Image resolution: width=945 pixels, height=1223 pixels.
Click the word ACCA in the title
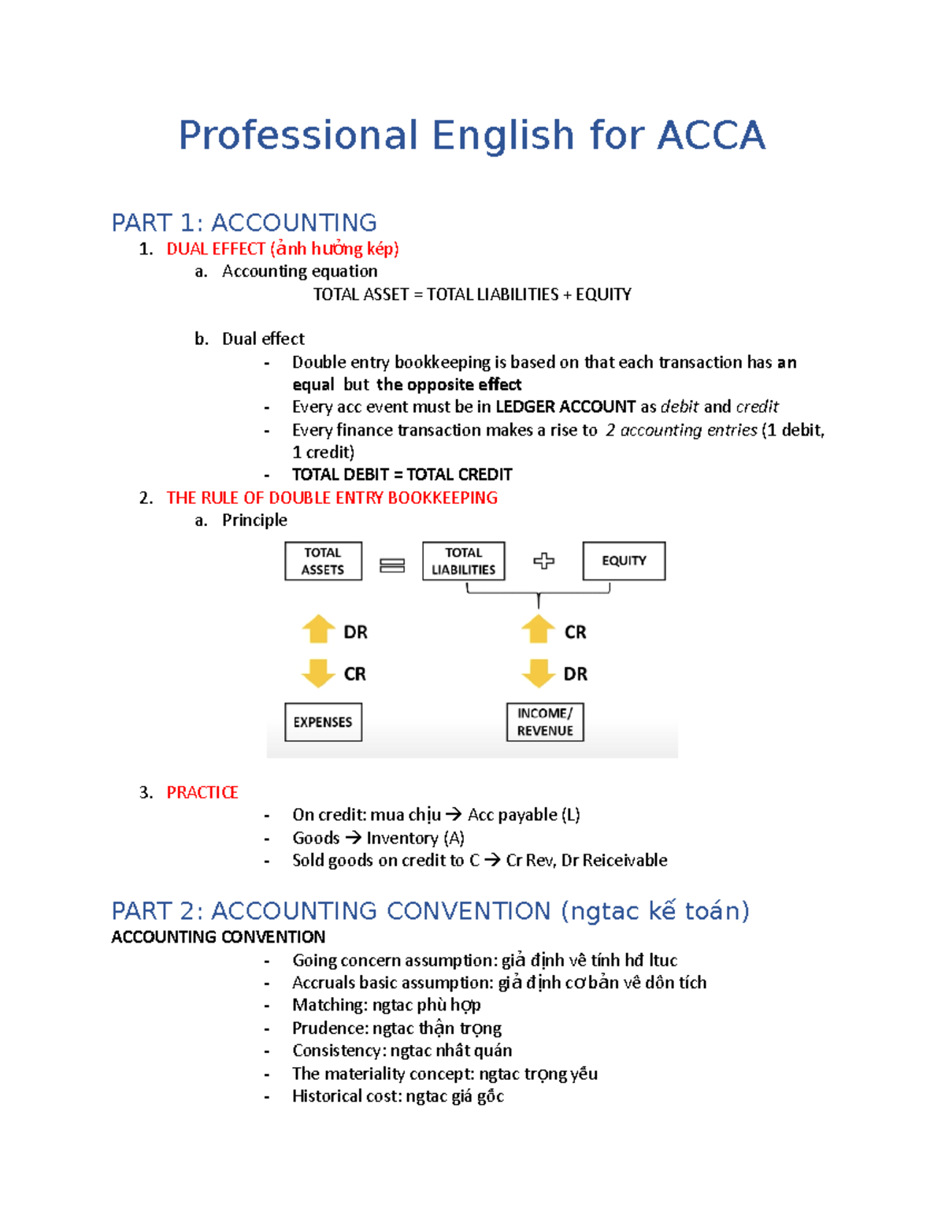pyautogui.click(x=710, y=135)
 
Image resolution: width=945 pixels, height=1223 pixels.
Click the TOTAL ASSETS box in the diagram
pyautogui.click(x=323, y=561)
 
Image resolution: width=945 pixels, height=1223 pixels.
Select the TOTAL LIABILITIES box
pyautogui.click(x=463, y=561)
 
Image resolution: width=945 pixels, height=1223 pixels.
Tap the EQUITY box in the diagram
pyautogui.click(x=624, y=561)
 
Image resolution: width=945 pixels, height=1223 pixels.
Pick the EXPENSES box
pyautogui.click(x=323, y=722)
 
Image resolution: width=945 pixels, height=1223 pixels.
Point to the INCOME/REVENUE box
pyautogui.click(x=545, y=722)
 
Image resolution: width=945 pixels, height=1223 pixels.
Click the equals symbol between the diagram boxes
pyautogui.click(x=392, y=565)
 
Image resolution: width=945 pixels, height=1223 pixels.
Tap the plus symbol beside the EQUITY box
pyautogui.click(x=543, y=561)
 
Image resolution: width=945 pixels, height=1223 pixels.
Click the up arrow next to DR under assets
pyautogui.click(x=319, y=629)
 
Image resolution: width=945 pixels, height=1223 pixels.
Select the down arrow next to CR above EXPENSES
pyautogui.click(x=319, y=673)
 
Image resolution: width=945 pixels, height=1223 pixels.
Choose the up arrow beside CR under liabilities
pyautogui.click(x=538, y=629)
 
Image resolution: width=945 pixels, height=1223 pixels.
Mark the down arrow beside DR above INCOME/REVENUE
pyautogui.click(x=538, y=673)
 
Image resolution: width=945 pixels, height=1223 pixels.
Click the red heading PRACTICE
pyautogui.click(x=202, y=792)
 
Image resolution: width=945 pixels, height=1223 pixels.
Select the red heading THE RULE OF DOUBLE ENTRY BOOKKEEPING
pyautogui.click(x=332, y=498)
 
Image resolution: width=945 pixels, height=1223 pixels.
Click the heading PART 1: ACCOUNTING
pyautogui.click(x=244, y=223)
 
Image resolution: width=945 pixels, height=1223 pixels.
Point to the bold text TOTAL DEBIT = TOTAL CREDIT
pyautogui.click(x=402, y=475)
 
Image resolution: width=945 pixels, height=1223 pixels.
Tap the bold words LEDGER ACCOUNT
pyautogui.click(x=565, y=407)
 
